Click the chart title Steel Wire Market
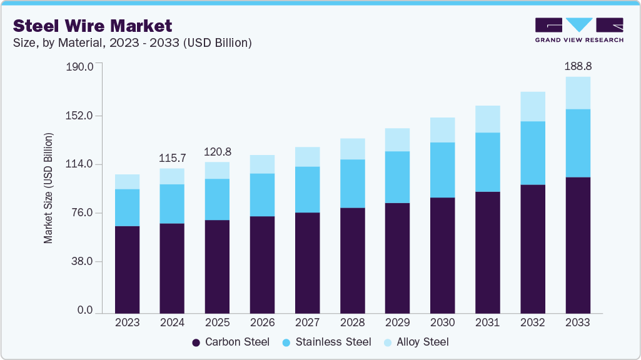point(92,26)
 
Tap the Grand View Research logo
point(579,30)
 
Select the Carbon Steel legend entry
point(231,342)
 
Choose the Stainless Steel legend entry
point(326,342)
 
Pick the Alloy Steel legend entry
point(416,342)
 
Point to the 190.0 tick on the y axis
point(79,67)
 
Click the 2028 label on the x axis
point(352,322)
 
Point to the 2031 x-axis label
point(487,322)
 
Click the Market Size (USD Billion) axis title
point(48,188)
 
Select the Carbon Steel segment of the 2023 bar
point(127,269)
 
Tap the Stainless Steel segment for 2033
point(578,143)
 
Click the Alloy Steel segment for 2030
point(442,129)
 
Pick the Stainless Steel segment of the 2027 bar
point(307,189)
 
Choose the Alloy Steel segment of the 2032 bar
point(532,106)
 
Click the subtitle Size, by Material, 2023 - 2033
point(133,42)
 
